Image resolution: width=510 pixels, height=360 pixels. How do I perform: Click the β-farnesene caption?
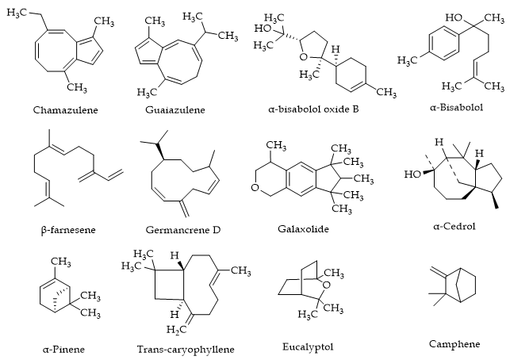[67, 229]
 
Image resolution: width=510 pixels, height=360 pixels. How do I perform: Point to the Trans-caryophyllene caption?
[186, 348]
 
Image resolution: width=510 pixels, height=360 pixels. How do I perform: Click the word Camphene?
[454, 343]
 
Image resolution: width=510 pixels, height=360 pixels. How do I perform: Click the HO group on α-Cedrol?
[412, 173]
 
